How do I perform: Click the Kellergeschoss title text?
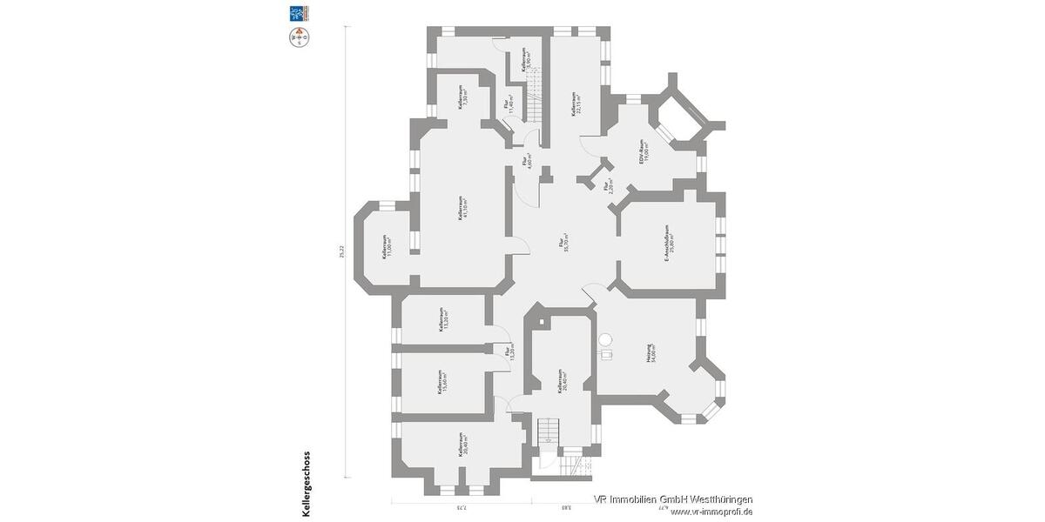(306, 484)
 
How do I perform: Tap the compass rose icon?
(299, 37)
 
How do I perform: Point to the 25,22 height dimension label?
(342, 251)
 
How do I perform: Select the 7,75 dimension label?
(462, 507)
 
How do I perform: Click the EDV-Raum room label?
(643, 153)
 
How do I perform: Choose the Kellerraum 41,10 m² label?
(463, 209)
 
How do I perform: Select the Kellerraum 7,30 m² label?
(463, 97)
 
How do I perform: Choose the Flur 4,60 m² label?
(527, 160)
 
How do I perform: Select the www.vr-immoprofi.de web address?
(711, 512)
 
